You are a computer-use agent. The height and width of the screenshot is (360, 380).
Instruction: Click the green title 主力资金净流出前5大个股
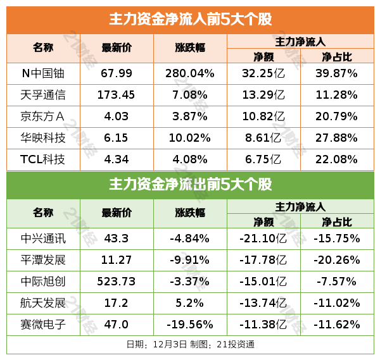tap(190, 185)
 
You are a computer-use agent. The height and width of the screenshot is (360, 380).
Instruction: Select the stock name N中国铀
tap(43, 73)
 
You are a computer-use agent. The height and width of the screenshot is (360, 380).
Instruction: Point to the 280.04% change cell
tap(190, 73)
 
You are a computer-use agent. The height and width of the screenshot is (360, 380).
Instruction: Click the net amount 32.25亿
tap(263, 73)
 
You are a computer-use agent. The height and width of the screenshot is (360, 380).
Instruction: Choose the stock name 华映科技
tap(43, 138)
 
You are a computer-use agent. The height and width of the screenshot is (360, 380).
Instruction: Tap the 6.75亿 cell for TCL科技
tap(263, 159)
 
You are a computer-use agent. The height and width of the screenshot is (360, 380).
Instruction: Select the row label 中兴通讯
tap(43, 239)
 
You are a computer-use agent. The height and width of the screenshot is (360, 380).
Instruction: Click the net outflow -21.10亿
tap(263, 239)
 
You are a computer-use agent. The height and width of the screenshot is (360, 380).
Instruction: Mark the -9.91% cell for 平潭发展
tap(190, 260)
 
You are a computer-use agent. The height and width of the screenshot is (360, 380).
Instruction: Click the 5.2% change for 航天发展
tap(190, 303)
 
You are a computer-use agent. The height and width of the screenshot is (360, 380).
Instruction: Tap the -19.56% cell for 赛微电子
tap(190, 325)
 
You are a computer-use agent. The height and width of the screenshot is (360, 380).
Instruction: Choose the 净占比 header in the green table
tap(337, 222)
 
